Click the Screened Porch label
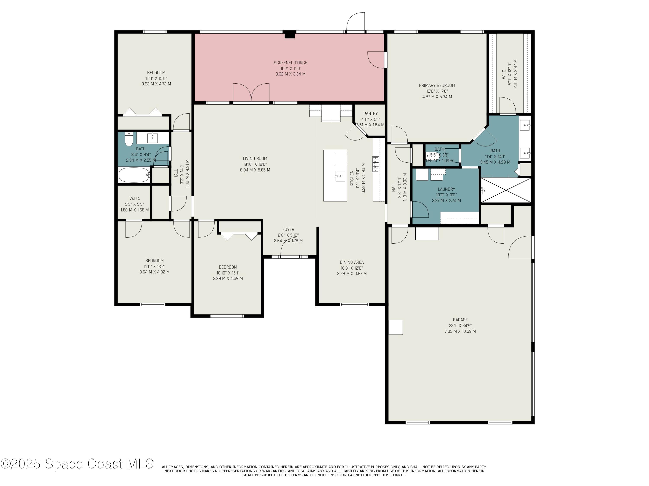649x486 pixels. [291, 63]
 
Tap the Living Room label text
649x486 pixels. [255, 159]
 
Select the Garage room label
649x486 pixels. [460, 320]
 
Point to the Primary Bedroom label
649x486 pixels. [437, 86]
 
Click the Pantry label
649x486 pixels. [370, 114]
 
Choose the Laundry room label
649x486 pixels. [446, 189]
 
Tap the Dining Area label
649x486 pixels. [352, 262]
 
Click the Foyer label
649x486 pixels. [288, 230]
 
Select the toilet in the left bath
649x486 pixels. [129, 139]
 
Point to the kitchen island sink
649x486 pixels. [340, 176]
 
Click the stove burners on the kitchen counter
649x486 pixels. [375, 164]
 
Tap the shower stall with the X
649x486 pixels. [506, 191]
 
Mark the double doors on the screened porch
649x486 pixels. [251, 93]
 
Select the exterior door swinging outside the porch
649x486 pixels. [356, 22]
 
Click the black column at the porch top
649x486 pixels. [290, 35]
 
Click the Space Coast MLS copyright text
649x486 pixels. [77, 464]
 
